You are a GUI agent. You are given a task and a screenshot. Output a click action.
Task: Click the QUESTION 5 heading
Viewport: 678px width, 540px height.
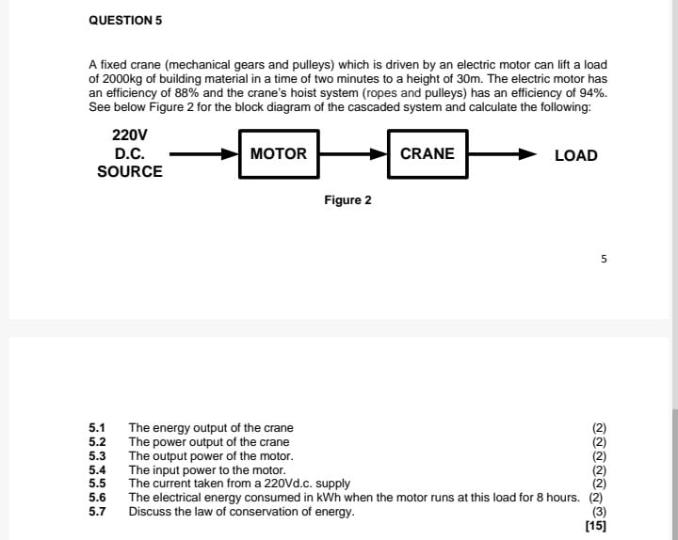[x=120, y=20]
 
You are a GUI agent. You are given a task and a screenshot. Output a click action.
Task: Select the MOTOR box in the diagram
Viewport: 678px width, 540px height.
[x=279, y=153]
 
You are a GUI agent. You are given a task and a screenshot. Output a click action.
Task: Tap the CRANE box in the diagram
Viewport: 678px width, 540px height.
[x=427, y=153]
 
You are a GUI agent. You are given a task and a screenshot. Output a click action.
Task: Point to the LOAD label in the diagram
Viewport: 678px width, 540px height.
[x=575, y=155]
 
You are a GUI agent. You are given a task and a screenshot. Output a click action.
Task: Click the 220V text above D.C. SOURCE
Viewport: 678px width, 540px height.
[x=129, y=135]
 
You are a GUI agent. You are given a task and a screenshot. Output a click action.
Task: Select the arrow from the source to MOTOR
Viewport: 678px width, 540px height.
[x=203, y=153]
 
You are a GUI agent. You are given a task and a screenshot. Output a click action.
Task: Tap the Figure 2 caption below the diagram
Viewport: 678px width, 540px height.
[x=347, y=200]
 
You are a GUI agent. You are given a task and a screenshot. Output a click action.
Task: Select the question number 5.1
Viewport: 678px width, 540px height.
[x=97, y=428]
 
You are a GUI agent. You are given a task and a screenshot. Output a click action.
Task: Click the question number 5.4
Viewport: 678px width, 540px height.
[x=97, y=470]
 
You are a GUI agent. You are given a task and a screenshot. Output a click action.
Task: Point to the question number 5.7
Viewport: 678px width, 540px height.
[x=97, y=512]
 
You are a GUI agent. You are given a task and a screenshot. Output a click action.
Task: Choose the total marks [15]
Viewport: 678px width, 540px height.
[x=595, y=526]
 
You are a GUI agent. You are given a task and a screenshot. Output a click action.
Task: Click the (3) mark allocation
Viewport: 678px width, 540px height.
[x=599, y=512]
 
